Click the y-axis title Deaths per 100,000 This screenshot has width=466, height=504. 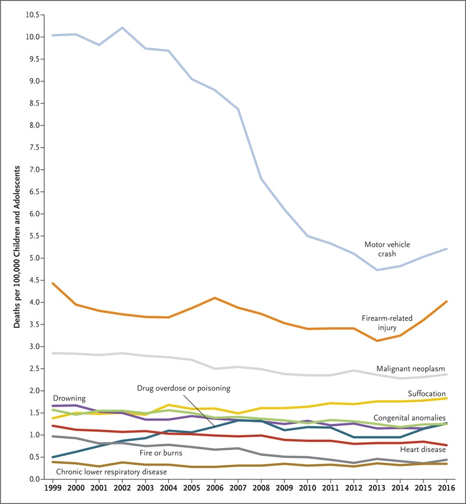point(18,245)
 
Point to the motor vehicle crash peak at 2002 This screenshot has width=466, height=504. point(121,27)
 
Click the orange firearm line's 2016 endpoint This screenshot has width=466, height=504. point(446,301)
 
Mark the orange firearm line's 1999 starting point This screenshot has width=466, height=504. point(52,283)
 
